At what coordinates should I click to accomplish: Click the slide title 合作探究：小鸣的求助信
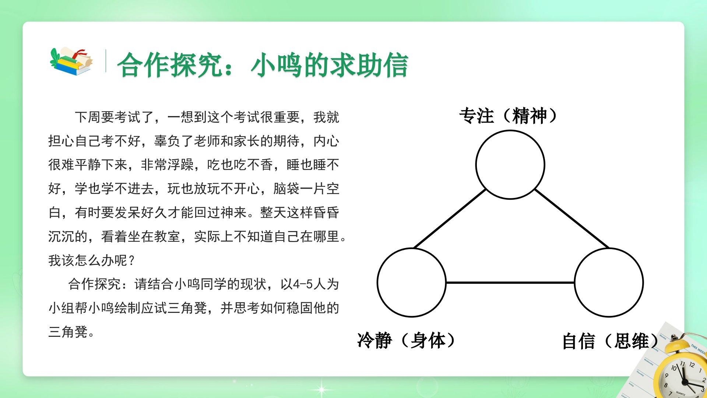[263, 65]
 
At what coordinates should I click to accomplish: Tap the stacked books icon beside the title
[71, 61]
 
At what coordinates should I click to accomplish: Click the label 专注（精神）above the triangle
[510, 116]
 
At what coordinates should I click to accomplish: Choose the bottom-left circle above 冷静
[411, 248]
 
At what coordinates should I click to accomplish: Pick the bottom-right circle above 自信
[609, 248]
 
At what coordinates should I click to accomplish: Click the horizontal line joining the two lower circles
[510, 283]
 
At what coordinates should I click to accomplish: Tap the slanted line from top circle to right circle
[571, 218]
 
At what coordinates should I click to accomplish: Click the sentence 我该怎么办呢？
[92, 261]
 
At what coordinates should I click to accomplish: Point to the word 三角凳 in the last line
[68, 332]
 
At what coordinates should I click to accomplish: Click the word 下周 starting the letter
[88, 117]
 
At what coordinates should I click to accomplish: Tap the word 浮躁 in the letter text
[181, 165]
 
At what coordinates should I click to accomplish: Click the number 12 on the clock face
[692, 365]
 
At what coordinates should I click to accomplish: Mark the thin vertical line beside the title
[106, 61]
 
